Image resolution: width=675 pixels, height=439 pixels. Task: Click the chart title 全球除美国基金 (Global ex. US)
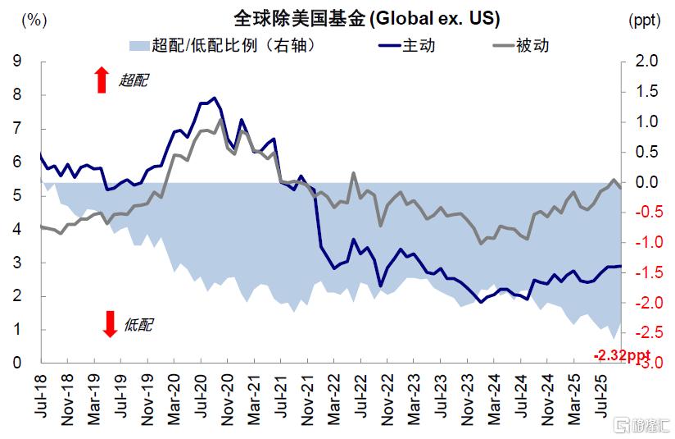click(x=355, y=18)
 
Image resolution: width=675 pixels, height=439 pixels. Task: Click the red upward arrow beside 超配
click(x=102, y=80)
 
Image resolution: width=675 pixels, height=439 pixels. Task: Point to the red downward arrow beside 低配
click(x=110, y=324)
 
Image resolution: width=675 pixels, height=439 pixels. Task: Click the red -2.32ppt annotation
click(x=622, y=354)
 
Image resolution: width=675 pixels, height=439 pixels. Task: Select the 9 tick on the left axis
click(x=16, y=62)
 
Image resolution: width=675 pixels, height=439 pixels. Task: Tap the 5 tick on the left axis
click(x=16, y=196)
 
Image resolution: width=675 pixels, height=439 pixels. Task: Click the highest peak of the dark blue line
click(x=215, y=98)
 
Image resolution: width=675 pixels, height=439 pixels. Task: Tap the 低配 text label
click(x=138, y=325)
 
